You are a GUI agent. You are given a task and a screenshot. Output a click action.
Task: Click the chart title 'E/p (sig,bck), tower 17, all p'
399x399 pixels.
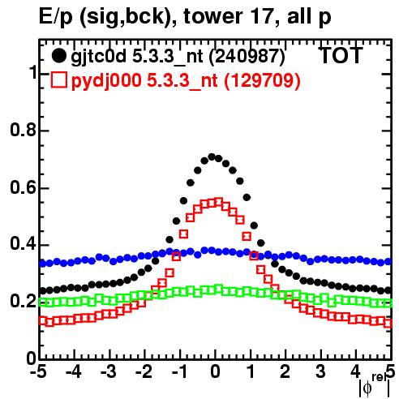pos(185,17)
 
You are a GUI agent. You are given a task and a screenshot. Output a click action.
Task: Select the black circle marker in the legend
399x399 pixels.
pos(58,56)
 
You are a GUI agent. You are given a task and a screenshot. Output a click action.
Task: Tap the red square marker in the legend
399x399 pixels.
pos(59,79)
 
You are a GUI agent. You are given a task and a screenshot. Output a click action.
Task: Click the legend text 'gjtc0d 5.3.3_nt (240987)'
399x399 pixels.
pos(178,57)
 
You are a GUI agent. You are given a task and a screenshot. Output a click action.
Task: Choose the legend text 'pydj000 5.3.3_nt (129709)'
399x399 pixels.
pos(186,80)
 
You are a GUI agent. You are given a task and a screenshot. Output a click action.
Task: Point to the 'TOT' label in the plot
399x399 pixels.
pos(341,55)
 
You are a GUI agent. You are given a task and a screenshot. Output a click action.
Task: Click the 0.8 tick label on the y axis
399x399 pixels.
pos(23,130)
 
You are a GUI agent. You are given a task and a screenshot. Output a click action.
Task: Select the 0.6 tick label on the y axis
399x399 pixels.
pos(23,187)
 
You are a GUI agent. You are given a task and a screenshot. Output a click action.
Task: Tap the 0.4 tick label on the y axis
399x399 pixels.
pos(23,244)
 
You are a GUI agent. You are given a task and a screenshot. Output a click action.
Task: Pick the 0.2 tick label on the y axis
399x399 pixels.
pos(23,301)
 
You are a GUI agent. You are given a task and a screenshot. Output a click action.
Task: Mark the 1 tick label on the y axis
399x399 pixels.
pos(33,73)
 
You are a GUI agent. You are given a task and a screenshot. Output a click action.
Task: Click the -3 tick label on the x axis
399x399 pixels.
pos(109,371)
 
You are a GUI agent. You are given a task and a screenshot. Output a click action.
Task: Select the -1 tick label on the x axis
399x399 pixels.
pos(180,371)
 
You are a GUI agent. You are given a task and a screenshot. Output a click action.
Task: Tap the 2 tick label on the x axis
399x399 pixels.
pos(285,371)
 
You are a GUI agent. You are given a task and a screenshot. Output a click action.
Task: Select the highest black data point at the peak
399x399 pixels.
pos(212,157)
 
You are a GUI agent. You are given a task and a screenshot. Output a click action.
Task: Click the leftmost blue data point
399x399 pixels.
pos(42,264)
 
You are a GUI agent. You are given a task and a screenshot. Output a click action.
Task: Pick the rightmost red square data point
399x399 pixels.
pos(388,323)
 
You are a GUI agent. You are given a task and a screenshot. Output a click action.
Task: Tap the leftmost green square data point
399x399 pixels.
pos(42,302)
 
